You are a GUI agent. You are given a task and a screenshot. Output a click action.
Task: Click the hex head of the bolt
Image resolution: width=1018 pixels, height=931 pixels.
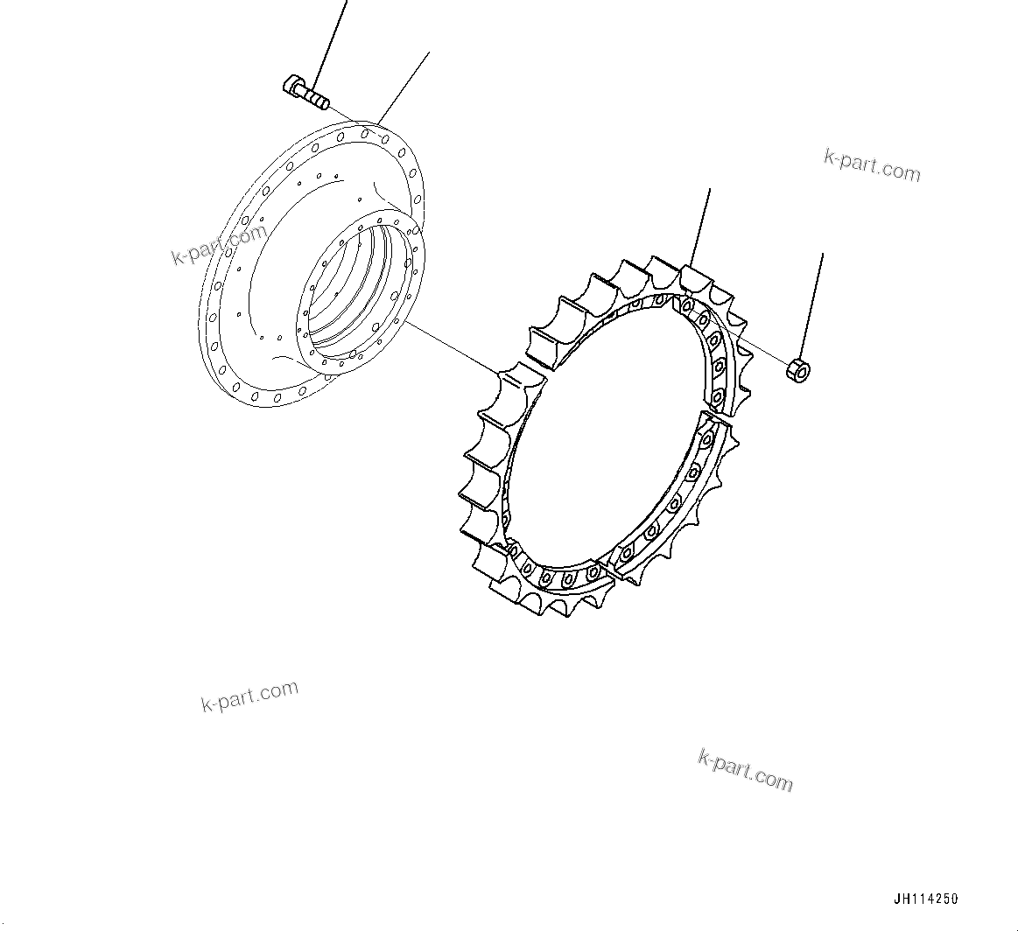click(294, 87)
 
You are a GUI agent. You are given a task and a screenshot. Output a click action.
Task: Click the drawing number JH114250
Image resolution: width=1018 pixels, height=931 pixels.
click(926, 899)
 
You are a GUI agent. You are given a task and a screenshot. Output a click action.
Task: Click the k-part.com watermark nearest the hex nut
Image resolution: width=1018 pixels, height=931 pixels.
click(872, 164)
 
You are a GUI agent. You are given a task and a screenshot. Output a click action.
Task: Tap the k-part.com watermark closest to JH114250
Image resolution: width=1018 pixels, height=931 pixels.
click(745, 770)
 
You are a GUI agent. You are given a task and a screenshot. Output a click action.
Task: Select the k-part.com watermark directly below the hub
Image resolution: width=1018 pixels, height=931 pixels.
click(249, 696)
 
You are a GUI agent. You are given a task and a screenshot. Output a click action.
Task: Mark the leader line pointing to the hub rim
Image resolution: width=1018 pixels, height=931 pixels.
click(404, 88)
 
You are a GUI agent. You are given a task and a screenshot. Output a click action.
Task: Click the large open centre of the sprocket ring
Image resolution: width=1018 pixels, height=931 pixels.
click(604, 437)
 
